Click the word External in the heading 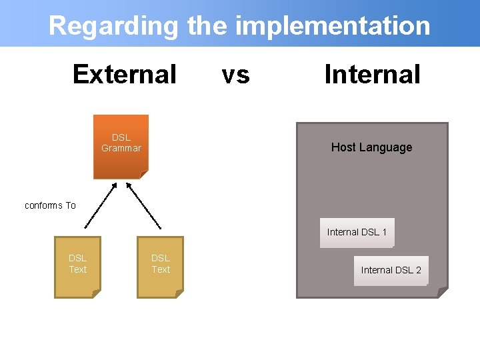pos(124,74)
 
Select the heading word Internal pos(372,74)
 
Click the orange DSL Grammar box pos(121,146)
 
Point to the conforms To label pos(50,205)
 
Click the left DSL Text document pos(77,266)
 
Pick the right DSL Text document pos(160,266)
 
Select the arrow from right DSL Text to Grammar pos(143,205)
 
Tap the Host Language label pos(371,147)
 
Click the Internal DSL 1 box pos(357,233)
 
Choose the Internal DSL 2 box pos(391,270)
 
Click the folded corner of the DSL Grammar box pos(144,175)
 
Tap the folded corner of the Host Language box pos(443,292)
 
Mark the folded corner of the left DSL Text pos(96,293)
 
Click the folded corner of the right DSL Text pos(179,293)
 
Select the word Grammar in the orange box pos(121,149)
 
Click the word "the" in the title pos(207,26)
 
